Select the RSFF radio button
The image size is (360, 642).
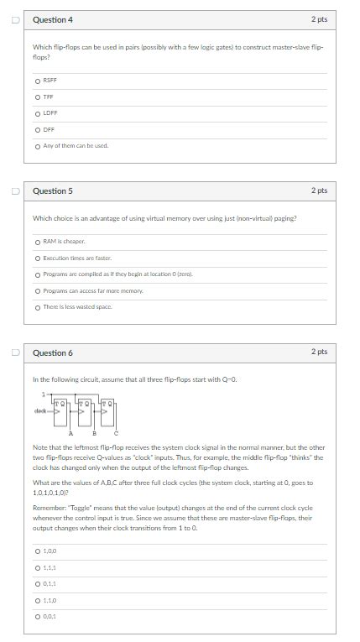coord(38,81)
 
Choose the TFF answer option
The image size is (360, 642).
coord(38,97)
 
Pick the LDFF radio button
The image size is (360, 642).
coord(38,112)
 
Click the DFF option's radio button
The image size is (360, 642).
coord(38,129)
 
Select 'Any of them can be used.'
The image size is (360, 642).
coord(38,145)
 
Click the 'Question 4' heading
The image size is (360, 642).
coord(53,19)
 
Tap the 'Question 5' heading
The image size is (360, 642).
coord(53,191)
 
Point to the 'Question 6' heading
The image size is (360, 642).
coord(53,352)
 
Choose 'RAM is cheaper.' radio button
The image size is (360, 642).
coord(38,243)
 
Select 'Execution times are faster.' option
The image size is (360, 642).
coord(38,258)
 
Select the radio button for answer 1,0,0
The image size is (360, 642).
coord(38,551)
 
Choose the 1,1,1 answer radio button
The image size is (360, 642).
coord(38,567)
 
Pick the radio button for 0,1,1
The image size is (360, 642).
coord(38,583)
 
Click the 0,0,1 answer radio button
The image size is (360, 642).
coord(38,616)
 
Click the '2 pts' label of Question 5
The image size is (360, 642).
coord(319,191)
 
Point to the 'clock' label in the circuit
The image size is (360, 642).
coord(39,411)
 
